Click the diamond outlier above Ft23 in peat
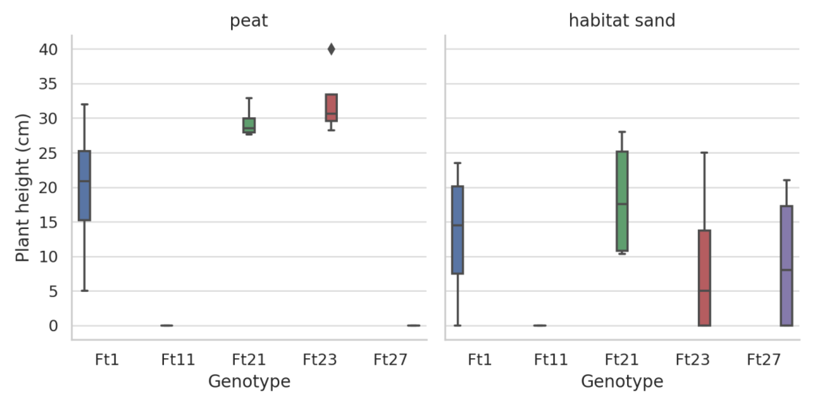coord(331,49)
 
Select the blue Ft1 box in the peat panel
coord(84,186)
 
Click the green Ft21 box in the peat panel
coord(249,125)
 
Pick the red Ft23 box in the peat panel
coord(331,108)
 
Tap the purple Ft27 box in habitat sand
coord(786,266)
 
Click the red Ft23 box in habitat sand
coord(704,278)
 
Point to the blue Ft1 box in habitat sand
coord(457,230)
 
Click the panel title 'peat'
coord(249,21)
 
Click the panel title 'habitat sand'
coord(622,21)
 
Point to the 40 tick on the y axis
coord(48,50)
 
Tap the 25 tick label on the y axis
coord(48,154)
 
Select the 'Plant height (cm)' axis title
coord(23,188)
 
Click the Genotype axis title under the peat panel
coord(249,381)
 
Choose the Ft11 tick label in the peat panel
coord(178,360)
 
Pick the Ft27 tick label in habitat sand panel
coord(764,360)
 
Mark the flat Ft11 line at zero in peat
coord(166,325)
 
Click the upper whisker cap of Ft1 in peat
coord(84,104)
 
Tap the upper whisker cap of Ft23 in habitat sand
coord(704,153)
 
